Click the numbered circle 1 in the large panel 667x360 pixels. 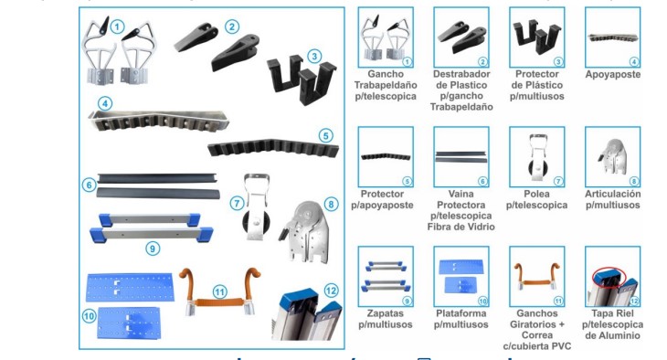tap(117, 26)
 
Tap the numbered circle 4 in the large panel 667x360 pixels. tap(106, 104)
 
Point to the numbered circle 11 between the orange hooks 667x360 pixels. tap(219, 291)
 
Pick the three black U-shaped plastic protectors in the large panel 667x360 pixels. tap(298, 78)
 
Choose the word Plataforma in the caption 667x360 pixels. tap(461, 312)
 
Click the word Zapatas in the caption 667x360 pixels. tap(385, 312)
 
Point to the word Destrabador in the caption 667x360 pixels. tap(461, 74)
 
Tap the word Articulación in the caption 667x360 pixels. tap(612, 195)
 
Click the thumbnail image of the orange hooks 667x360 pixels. tap(536, 276)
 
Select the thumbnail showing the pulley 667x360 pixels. tap(536, 156)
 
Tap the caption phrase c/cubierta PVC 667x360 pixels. tap(536, 345)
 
